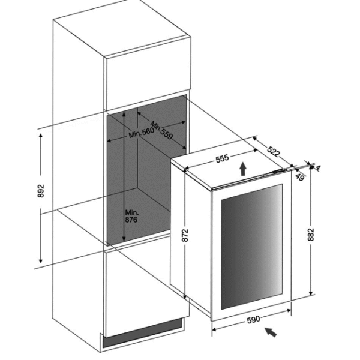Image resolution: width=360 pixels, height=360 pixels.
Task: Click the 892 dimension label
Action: point(40,191)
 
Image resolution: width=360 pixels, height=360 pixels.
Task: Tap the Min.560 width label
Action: point(141,133)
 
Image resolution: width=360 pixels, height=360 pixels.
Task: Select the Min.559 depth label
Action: point(161,130)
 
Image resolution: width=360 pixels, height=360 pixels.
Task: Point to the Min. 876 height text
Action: point(131,216)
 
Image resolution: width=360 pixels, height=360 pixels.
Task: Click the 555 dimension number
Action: point(222,158)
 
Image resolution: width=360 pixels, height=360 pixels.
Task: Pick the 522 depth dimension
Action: point(274,152)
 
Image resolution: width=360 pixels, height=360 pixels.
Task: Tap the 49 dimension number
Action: point(299,177)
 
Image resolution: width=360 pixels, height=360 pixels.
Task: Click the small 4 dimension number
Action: point(318,168)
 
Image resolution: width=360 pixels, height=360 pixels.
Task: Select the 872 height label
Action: point(185,235)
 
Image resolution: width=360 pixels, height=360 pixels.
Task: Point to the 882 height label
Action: point(310,234)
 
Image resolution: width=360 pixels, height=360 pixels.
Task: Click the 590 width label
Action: point(253,319)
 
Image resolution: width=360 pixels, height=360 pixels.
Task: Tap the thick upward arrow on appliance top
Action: point(243,169)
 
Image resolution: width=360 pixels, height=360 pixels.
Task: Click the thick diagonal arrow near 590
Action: point(271,332)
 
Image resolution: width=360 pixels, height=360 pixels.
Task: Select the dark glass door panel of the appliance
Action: point(251,247)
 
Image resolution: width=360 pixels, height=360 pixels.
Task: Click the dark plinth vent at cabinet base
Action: point(142,333)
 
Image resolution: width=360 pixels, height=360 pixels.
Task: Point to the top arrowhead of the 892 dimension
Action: point(41,135)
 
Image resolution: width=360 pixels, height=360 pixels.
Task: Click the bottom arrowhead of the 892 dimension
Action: point(41,261)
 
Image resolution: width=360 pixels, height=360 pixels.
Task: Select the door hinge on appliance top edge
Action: point(279,171)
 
